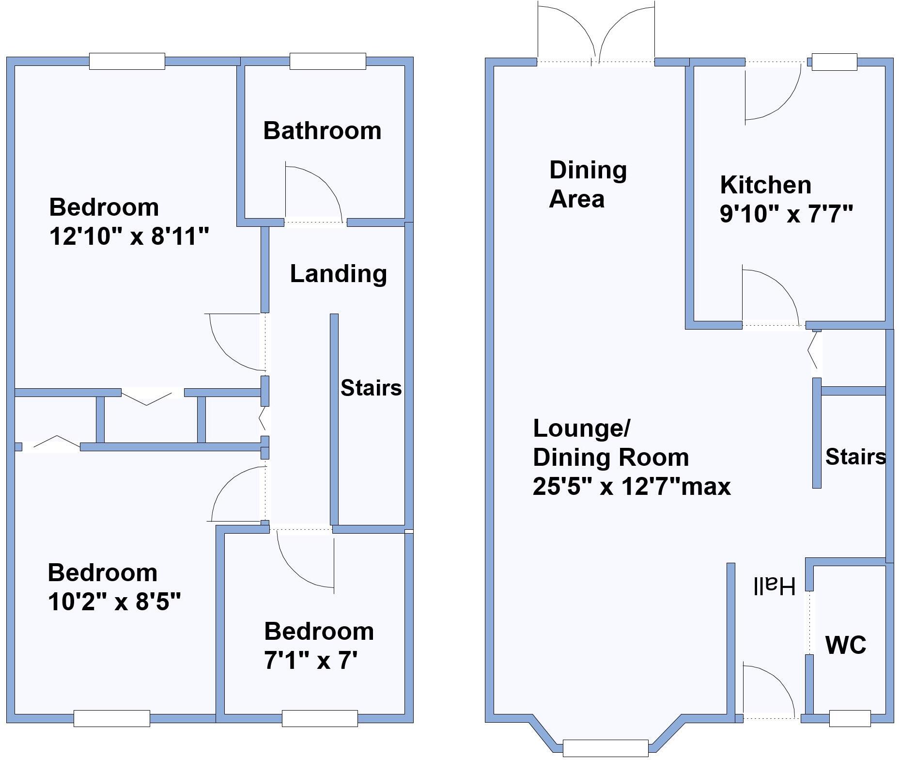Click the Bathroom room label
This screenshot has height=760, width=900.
click(322, 131)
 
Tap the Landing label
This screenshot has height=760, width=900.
click(338, 274)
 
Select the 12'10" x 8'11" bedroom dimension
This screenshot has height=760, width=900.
click(129, 237)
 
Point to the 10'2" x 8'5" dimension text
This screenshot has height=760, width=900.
click(114, 602)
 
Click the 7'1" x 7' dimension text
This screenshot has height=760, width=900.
click(310, 660)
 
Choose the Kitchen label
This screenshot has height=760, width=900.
click(765, 185)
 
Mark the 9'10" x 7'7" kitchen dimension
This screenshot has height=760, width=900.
click(786, 214)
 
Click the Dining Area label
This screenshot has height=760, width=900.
click(588, 185)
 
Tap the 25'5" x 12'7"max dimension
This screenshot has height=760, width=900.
click(631, 486)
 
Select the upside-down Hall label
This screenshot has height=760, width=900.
click(774, 586)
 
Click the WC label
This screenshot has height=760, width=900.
click(845, 645)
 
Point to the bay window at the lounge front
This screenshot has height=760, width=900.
click(605, 748)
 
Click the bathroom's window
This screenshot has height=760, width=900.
click(327, 62)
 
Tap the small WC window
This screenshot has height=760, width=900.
click(850, 719)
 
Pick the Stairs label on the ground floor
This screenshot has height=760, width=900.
click(855, 457)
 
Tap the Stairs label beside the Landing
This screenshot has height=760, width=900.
click(371, 388)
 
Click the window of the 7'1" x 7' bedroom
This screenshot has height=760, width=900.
click(320, 718)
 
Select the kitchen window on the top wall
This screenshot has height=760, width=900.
click(834, 62)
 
